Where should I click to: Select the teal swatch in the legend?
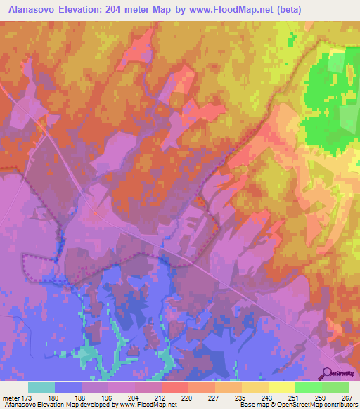(x=41, y=387)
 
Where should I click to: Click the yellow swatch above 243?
(x=255, y=387)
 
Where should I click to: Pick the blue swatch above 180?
(x=68, y=387)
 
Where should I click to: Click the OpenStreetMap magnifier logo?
(x=327, y=373)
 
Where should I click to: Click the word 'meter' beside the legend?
(x=11, y=397)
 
